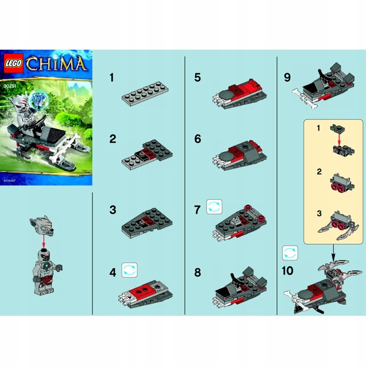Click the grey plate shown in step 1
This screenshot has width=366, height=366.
143,94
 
